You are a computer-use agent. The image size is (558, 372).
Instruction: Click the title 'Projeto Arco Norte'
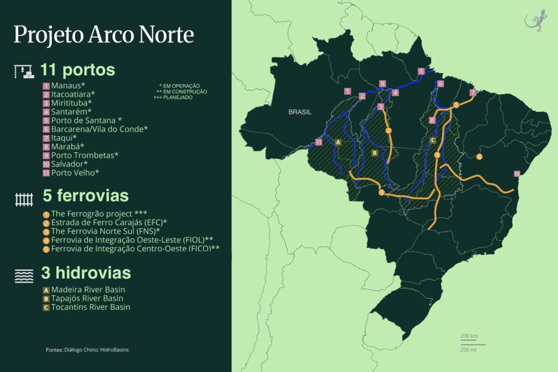click(104, 34)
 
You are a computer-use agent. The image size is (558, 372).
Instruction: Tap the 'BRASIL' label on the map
click(300, 112)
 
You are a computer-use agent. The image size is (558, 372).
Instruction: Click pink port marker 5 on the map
click(421, 71)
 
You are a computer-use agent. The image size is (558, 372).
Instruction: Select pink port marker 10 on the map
click(517, 174)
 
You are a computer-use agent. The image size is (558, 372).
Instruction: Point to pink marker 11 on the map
click(319, 142)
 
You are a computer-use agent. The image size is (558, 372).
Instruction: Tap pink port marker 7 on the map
click(472, 92)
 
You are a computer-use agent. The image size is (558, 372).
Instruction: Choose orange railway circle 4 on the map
click(479, 157)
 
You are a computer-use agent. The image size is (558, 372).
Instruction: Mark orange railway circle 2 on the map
click(456, 105)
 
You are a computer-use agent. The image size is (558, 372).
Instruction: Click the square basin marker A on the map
click(338, 142)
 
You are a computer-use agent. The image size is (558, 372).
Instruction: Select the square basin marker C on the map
click(433, 140)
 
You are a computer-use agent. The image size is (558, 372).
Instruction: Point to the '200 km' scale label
click(469, 335)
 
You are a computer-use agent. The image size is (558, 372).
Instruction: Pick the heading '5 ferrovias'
click(86, 196)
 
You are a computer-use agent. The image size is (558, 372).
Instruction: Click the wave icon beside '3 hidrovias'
click(24, 276)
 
